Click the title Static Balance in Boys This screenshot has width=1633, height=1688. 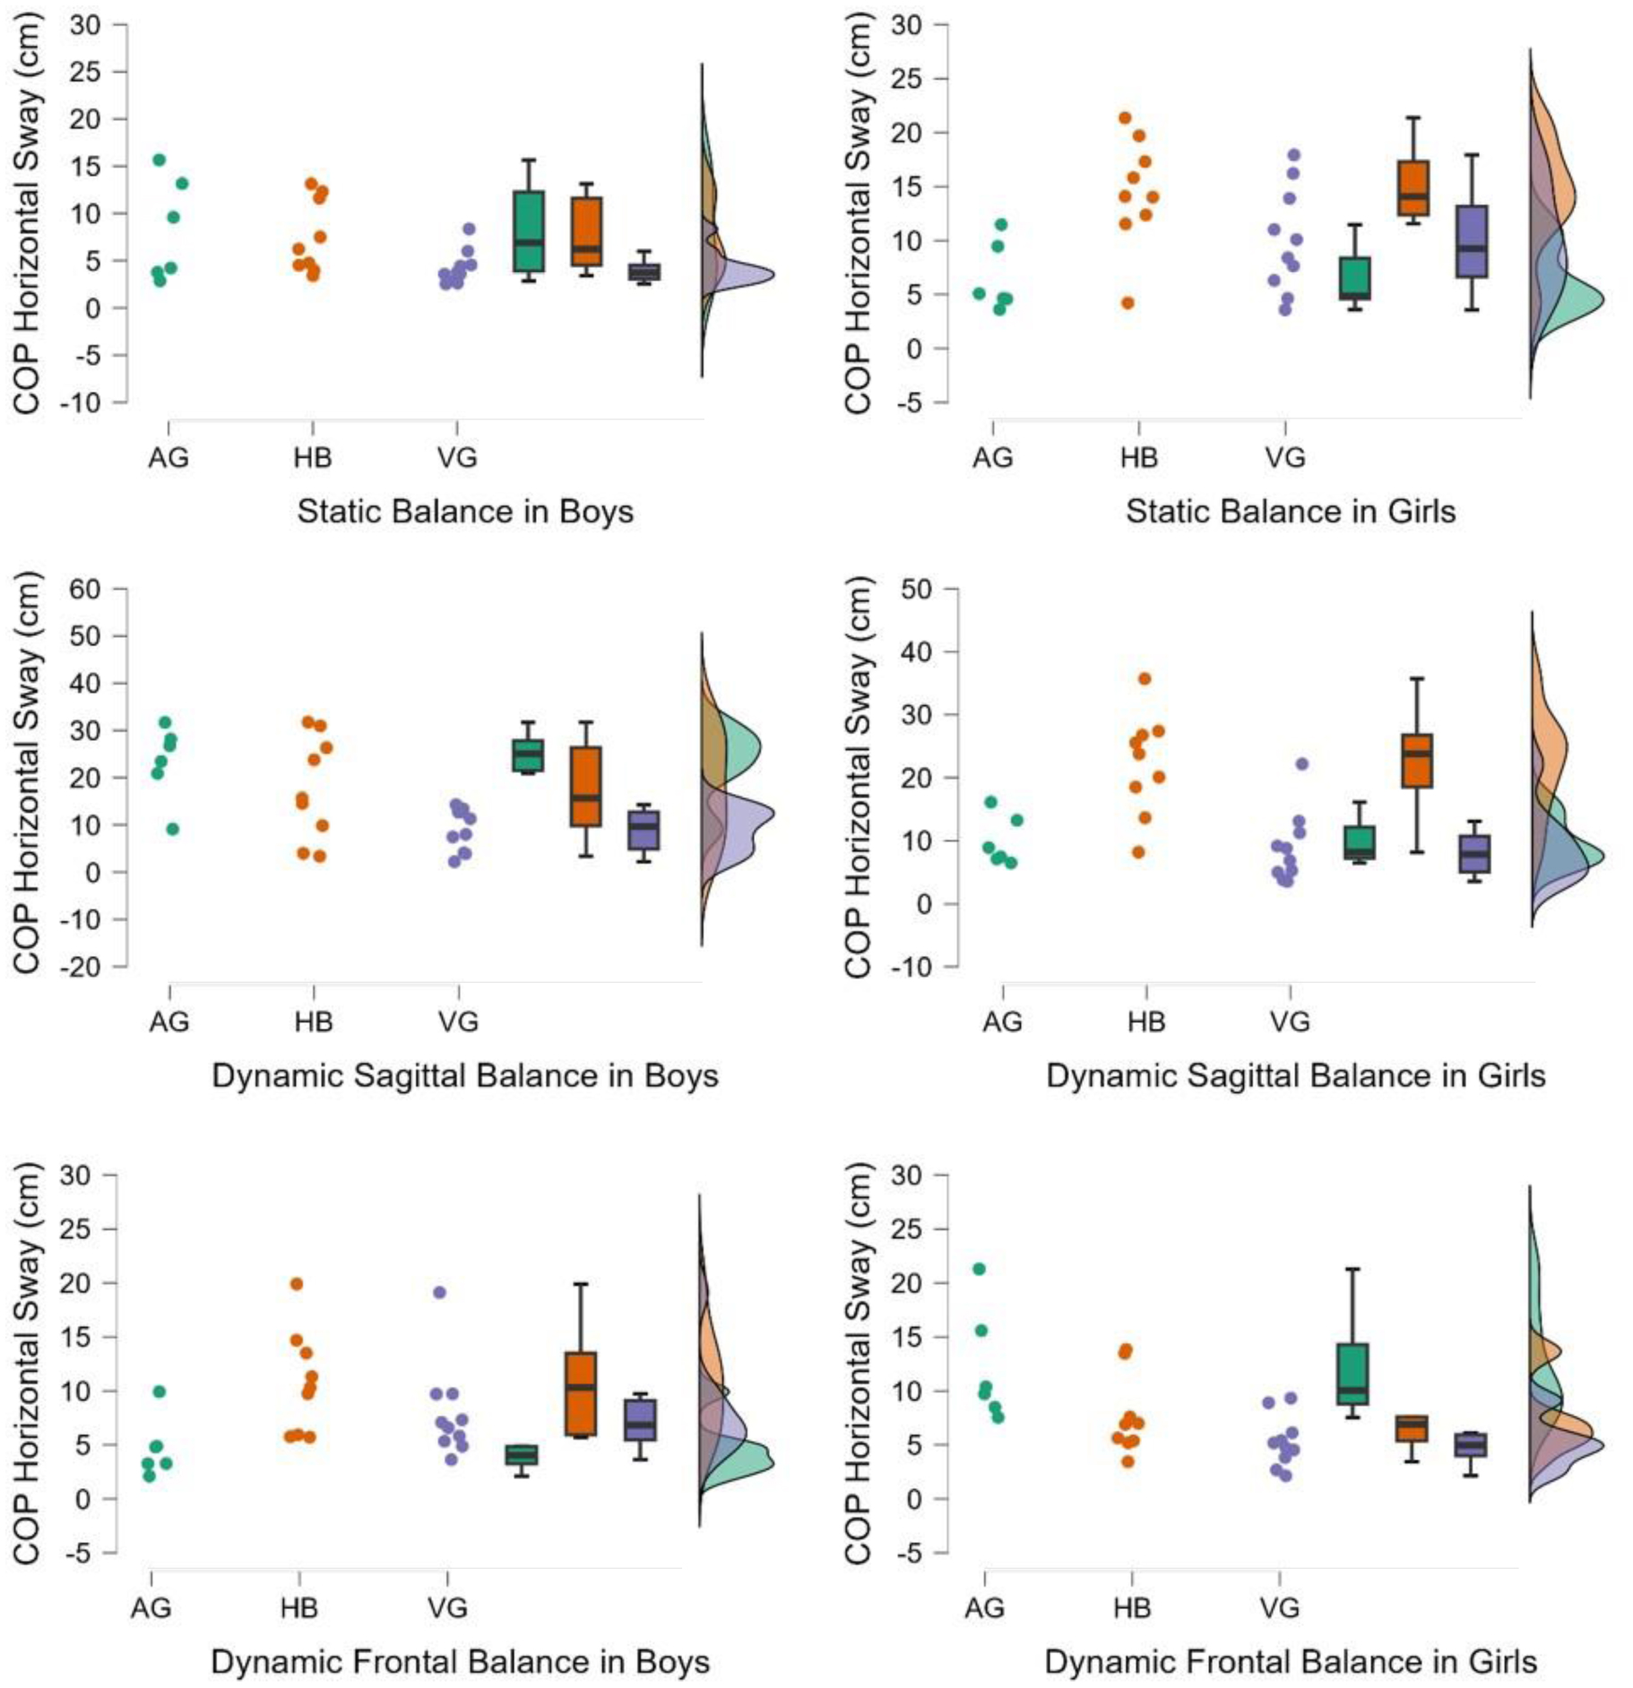click(x=464, y=512)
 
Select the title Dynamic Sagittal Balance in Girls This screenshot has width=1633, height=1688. click(x=1295, y=1075)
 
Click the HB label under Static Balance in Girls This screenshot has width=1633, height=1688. click(x=1138, y=458)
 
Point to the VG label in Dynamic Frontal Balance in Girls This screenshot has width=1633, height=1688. click(x=1279, y=1607)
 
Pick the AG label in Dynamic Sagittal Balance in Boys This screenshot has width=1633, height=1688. click(x=169, y=1021)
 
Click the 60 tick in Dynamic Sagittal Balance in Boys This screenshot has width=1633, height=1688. click(x=85, y=589)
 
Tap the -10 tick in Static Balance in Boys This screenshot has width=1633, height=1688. click(x=81, y=402)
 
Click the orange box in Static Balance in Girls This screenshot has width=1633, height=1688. click(x=1413, y=188)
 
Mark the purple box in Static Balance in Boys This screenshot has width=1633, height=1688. click(x=644, y=272)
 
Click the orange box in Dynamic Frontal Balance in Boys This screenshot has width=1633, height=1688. click(x=581, y=1393)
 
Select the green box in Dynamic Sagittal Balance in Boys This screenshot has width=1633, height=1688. click(x=528, y=755)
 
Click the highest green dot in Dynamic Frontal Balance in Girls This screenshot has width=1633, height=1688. click(x=979, y=1269)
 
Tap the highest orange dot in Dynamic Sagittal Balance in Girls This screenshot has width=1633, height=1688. click(x=1145, y=679)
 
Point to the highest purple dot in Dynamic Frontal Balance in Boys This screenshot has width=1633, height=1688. click(x=439, y=1292)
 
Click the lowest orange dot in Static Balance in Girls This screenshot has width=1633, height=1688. click(x=1128, y=303)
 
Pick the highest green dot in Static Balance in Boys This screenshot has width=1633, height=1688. click(x=159, y=159)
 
